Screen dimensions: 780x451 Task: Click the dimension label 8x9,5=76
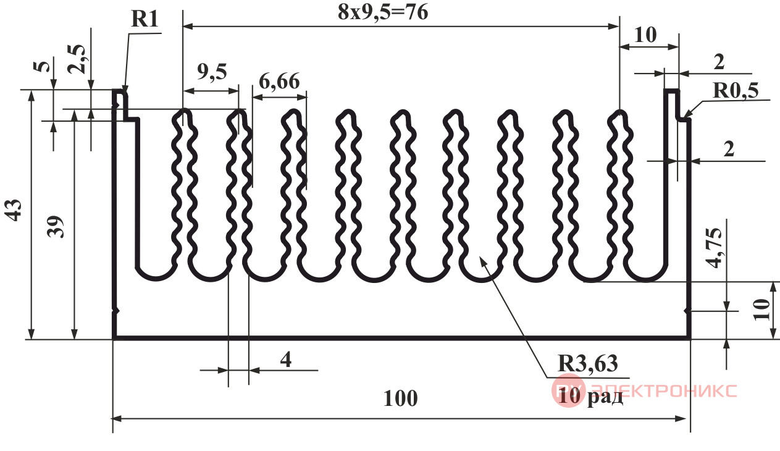(383, 12)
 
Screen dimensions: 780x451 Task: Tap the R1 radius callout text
(145, 19)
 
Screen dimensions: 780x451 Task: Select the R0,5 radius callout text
(736, 91)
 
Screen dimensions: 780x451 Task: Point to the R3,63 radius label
(588, 363)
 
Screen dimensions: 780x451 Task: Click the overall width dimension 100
(400, 398)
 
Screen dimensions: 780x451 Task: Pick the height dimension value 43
(15, 210)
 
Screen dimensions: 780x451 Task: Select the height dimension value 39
(56, 227)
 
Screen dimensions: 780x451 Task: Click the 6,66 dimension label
(279, 82)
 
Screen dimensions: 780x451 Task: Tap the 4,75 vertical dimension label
(715, 248)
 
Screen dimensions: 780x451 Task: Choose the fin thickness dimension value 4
(286, 360)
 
